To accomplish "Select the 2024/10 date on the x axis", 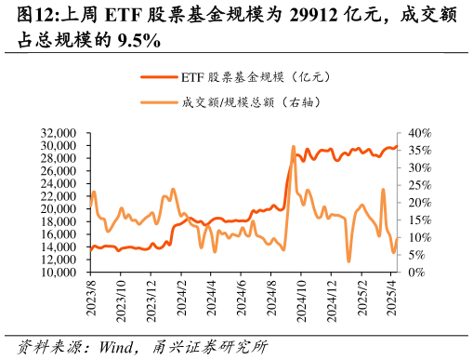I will (301, 300).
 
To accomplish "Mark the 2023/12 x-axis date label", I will (151, 300).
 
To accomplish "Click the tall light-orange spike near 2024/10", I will (294, 147).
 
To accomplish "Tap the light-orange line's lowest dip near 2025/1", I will (349, 260).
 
